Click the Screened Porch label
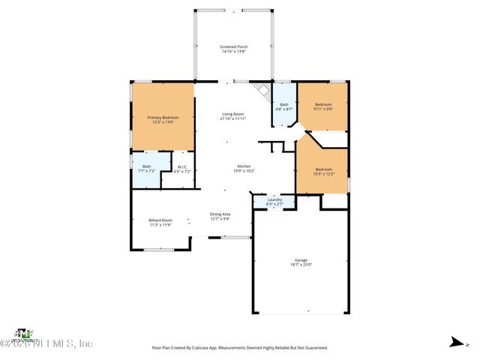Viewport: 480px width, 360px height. click(x=234, y=47)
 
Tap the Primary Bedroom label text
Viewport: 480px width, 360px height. click(x=163, y=118)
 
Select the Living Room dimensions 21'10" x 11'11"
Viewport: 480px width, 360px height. click(x=233, y=118)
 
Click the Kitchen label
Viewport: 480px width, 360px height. click(x=244, y=166)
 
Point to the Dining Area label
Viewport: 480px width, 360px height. click(x=220, y=214)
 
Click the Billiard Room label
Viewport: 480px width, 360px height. click(x=160, y=220)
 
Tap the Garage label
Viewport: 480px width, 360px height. click(x=301, y=260)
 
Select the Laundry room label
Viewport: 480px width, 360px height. click(x=274, y=199)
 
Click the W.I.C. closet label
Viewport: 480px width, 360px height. click(x=182, y=167)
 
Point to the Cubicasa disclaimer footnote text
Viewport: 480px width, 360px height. click(x=240, y=348)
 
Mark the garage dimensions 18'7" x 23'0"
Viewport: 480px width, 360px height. click(x=301, y=265)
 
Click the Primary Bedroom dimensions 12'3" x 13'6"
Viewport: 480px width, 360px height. click(x=163, y=122)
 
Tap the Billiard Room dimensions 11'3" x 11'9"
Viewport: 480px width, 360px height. click(x=160, y=225)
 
